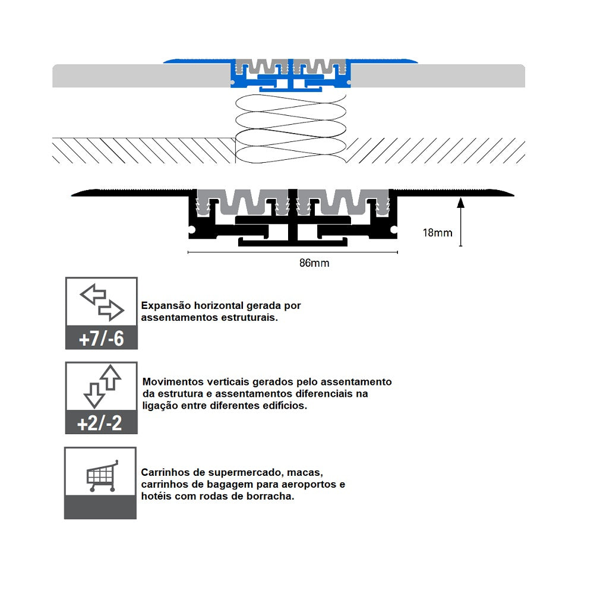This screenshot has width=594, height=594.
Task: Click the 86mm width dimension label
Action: [314, 263]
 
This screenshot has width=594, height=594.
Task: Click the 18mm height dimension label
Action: [437, 232]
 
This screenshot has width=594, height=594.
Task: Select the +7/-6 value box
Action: [101, 338]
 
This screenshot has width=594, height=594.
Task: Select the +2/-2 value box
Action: [101, 423]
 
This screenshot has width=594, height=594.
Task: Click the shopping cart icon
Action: [102, 476]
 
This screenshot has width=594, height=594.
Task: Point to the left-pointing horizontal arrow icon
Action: [92, 293]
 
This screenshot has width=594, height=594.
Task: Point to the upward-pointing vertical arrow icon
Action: [110, 377]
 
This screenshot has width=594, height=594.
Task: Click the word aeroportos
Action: [312, 485]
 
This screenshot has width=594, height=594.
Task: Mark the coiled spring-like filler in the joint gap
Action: [291, 128]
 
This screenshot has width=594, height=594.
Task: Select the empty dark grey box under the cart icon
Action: [100, 506]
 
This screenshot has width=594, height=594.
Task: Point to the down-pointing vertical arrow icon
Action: [93, 395]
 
